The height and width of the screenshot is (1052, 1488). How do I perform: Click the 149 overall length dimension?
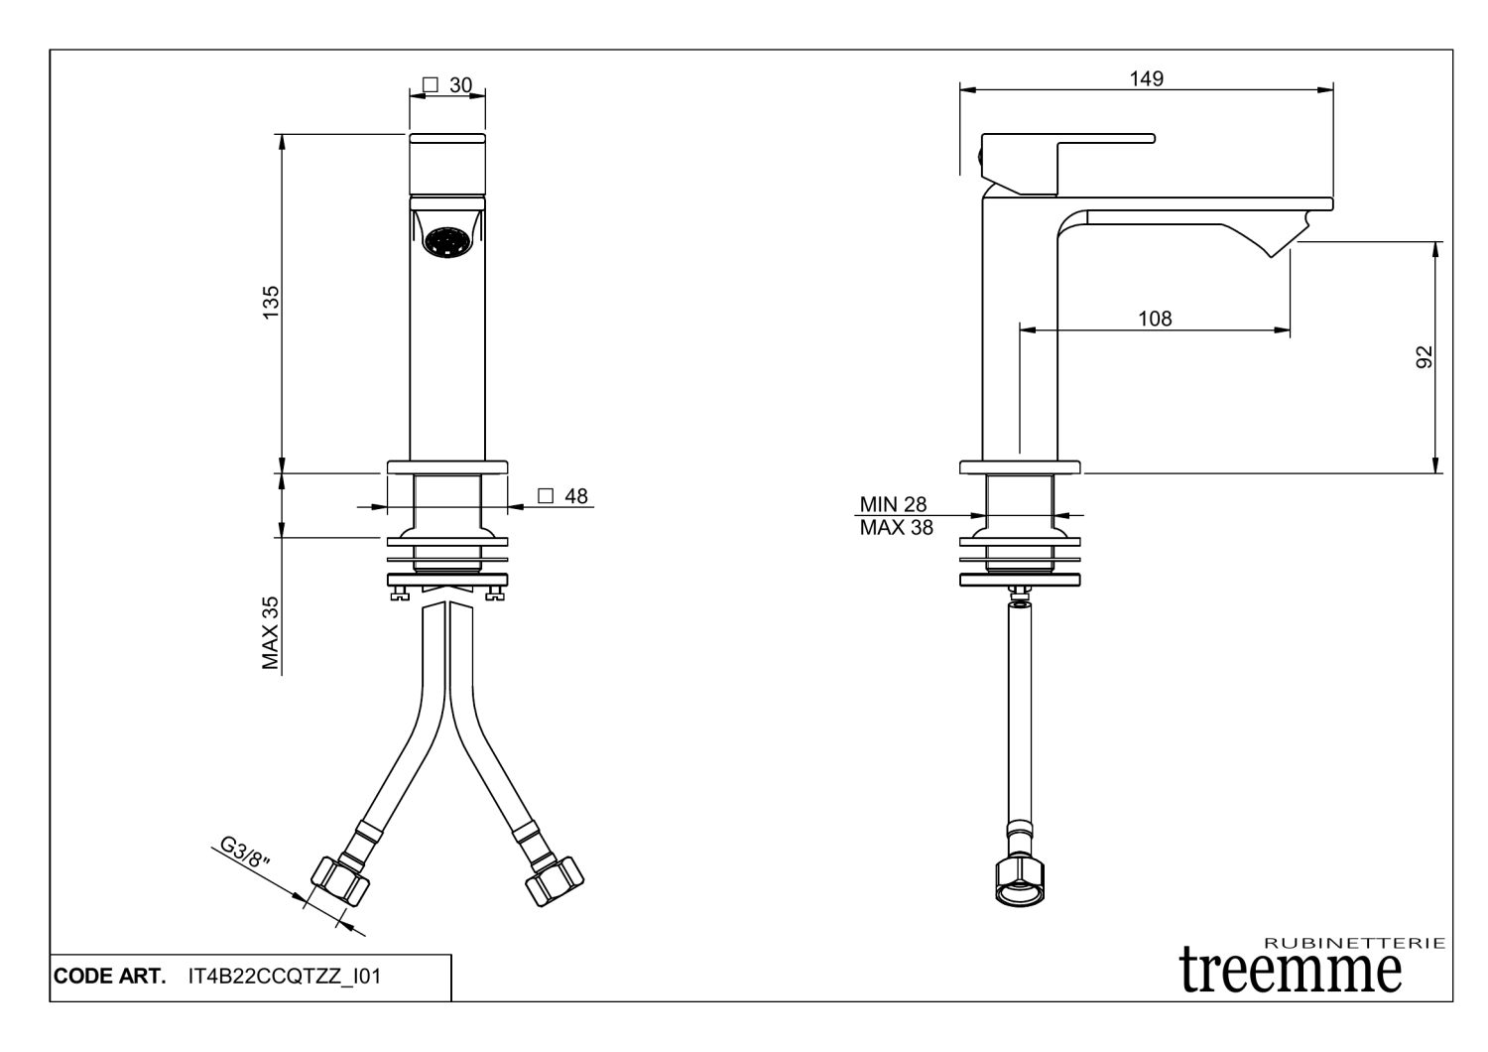[1146, 78]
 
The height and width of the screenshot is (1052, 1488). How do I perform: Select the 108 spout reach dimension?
[1154, 319]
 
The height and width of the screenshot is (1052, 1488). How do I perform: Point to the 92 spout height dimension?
[1425, 357]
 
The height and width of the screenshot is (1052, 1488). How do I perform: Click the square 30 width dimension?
[447, 85]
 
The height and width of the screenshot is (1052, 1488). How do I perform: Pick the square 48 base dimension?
[562, 496]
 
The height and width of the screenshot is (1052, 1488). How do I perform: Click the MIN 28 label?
[893, 504]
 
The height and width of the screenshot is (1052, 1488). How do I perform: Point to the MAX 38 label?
[896, 528]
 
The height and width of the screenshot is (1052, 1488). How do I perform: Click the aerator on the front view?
[446, 240]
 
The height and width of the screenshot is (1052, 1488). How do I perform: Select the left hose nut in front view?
[340, 879]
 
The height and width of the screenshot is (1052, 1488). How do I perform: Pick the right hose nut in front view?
[554, 879]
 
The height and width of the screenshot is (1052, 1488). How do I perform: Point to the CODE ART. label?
[108, 977]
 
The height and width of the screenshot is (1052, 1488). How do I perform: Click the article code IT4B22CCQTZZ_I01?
[284, 977]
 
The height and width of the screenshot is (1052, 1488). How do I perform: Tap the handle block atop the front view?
[447, 163]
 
